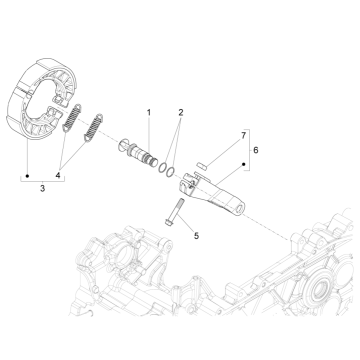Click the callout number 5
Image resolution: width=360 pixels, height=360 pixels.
point(197,236)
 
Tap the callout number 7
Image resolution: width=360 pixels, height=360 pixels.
point(242,133)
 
